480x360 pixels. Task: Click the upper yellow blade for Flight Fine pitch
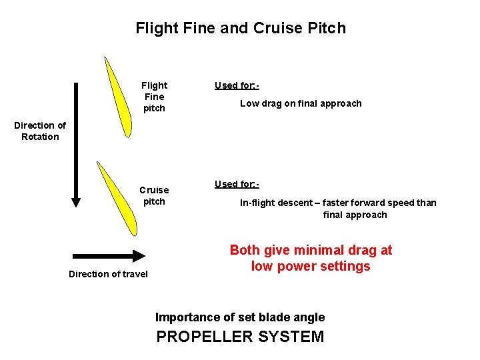tap(118, 97)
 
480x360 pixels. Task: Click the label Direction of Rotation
tap(40, 131)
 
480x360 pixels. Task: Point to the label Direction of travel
tap(108, 274)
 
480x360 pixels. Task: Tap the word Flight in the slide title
tap(154, 28)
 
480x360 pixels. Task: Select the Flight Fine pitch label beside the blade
tap(154, 97)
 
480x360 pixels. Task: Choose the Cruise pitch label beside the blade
tap(154, 195)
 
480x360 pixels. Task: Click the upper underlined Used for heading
tap(236, 85)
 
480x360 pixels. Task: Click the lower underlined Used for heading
tap(236, 184)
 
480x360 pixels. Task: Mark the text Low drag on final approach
tap(301, 103)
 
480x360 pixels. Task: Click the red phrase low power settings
tap(311, 267)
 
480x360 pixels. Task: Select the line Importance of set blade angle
tap(240, 317)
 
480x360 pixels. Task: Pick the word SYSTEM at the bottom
tap(291, 337)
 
